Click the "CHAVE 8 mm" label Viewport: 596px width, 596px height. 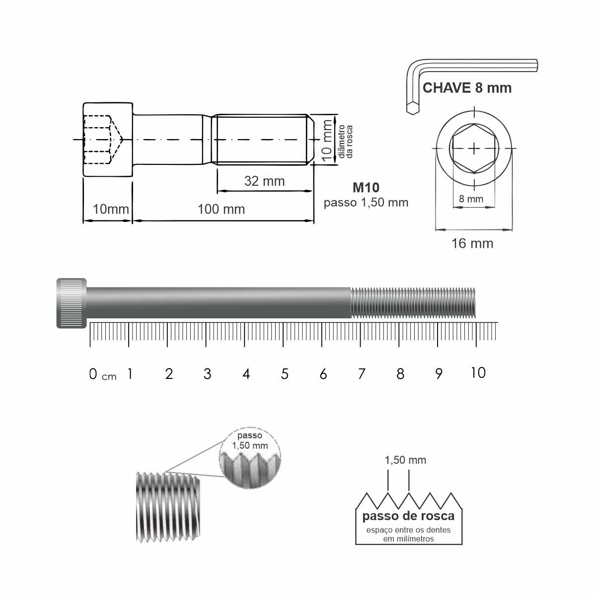coord(467,88)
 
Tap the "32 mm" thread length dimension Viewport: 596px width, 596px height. coord(264,181)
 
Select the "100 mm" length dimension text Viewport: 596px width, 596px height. coord(221,209)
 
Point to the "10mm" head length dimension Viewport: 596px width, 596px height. coord(111,209)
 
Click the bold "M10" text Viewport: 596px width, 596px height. coord(366,187)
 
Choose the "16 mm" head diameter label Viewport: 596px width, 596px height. coord(472,243)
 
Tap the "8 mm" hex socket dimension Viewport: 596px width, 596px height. coord(471,199)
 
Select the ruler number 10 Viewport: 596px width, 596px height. coord(478,372)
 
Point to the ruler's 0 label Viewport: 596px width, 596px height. coord(93,374)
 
